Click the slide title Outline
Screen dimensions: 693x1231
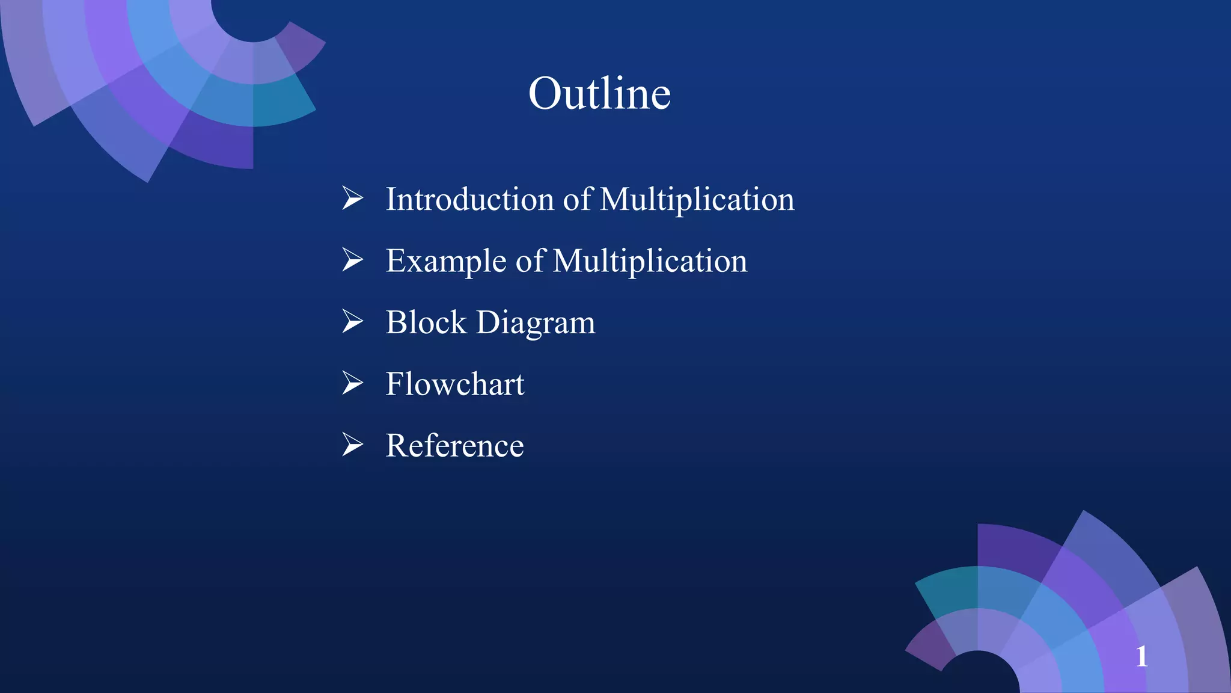[x=599, y=94]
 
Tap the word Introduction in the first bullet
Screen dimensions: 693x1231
[x=469, y=199]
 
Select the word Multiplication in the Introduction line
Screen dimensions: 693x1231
[x=697, y=199]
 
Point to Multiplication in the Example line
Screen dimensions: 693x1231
[x=650, y=261]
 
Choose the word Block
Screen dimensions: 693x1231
[x=426, y=322]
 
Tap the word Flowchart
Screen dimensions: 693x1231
[x=455, y=384]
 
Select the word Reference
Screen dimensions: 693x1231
[x=454, y=446]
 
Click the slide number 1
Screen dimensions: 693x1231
[x=1141, y=656]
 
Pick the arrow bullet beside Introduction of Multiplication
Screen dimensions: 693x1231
[x=353, y=198]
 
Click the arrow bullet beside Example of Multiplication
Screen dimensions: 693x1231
[x=353, y=259]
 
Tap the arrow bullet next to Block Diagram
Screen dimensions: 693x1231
[x=353, y=321]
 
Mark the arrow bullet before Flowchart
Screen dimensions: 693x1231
[x=353, y=383]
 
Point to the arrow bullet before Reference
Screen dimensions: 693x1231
[x=353, y=445]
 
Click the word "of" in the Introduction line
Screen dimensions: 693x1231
[x=577, y=199]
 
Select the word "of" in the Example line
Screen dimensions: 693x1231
[x=530, y=261]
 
